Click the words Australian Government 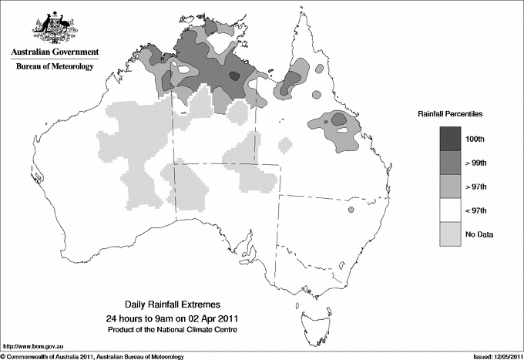[x=54, y=52]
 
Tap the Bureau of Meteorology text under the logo [x=55, y=67]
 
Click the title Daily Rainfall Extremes [x=178, y=305]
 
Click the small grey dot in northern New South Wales [x=351, y=210]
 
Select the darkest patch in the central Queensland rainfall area [x=338, y=119]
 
